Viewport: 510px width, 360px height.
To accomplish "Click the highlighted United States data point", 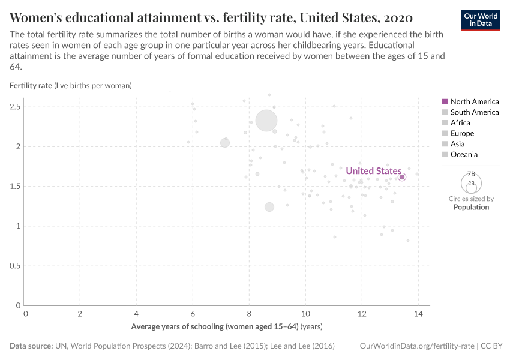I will pos(402,177).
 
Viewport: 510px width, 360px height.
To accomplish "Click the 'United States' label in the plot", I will pos(373,171).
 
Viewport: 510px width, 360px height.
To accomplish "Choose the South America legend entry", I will pos(474,112).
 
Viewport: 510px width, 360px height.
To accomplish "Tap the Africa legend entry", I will pos(460,123).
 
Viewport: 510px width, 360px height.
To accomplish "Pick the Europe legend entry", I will pos(462,133).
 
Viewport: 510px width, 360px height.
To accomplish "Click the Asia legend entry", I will pos(458,144).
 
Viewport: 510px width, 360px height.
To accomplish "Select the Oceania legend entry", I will pos(464,154).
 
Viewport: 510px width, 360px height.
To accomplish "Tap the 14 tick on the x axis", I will pos(418,313).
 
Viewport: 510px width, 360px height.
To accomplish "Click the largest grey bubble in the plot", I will pos(266,120).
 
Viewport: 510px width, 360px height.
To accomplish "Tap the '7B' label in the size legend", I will pos(471,173).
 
